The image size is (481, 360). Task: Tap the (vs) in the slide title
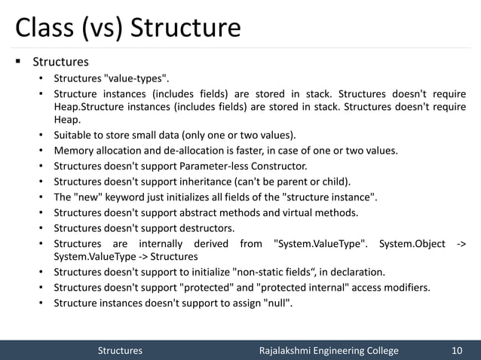(102, 28)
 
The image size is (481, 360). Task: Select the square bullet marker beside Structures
(16, 61)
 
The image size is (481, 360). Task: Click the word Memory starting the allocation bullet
(75, 151)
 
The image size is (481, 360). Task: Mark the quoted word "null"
(277, 303)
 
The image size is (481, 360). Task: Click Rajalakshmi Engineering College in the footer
(328, 350)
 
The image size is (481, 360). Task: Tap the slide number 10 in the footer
(456, 350)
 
